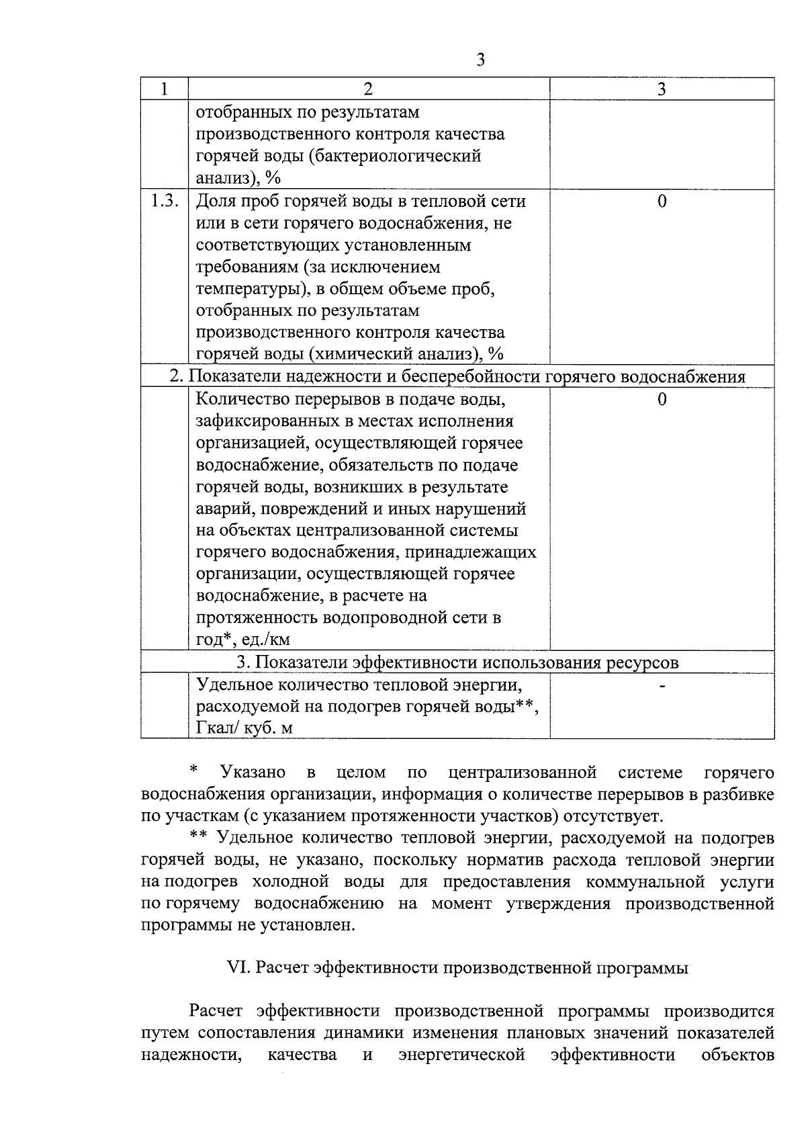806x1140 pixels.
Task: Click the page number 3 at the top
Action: click(480, 60)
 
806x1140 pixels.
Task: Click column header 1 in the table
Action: click(164, 89)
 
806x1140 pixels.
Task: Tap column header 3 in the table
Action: click(662, 89)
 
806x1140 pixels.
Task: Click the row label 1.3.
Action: click(164, 201)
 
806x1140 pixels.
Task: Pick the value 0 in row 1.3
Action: click(662, 201)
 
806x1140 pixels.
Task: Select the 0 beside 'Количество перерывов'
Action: click(662, 400)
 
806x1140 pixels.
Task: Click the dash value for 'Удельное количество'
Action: click(662, 685)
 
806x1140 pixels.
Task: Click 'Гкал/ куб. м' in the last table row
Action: click(244, 728)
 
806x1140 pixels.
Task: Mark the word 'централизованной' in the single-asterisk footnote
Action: click(523, 773)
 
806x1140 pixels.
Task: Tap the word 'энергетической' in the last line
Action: click(461, 1055)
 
